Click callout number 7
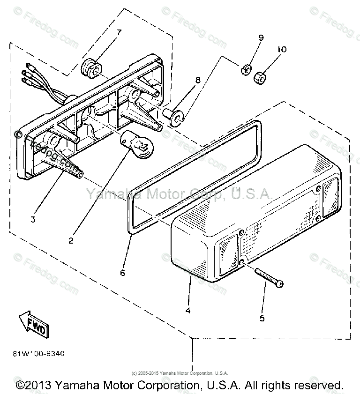pos(119,32)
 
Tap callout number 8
pos(198,80)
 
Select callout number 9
pos(261,37)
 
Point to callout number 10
pos(282,49)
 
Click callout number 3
pos(33,219)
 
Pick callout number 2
pos(71,241)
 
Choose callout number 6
pos(122,272)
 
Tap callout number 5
pos(262,318)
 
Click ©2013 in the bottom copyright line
pos(33,385)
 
